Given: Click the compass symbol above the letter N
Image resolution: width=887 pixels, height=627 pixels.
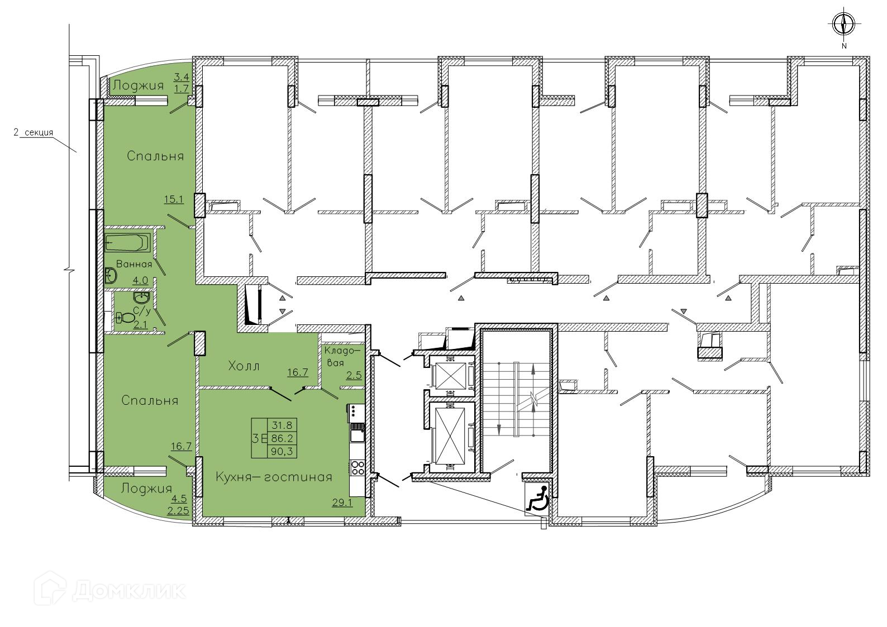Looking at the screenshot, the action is pos(844,24).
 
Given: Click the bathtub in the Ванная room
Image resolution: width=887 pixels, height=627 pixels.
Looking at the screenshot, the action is pos(127,242).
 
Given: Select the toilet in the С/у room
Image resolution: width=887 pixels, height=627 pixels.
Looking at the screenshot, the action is pos(125,317).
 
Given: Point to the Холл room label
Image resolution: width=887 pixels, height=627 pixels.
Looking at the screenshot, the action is pos(244,366).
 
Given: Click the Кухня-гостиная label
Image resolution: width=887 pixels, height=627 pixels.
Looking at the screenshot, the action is pos(274,477).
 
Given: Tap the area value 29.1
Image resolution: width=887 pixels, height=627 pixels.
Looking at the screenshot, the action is pos(342,502).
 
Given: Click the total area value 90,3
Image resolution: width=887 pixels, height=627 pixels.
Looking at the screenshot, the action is pos(282,451).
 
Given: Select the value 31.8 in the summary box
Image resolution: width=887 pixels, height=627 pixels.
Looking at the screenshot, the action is pos(282,425).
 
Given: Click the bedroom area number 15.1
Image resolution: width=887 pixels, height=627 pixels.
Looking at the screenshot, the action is pos(174,199).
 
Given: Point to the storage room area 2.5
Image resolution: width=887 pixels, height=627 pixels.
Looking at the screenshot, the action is pos(354,375).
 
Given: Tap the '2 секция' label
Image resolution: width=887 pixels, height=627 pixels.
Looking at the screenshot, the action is pos(34,133).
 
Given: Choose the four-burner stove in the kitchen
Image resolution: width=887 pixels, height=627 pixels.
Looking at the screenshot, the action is pos(357,468).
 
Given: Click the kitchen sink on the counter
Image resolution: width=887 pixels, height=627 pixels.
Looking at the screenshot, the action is pos(357,436).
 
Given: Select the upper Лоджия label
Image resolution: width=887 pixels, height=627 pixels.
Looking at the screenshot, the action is pos(138,85).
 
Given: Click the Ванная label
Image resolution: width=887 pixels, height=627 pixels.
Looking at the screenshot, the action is pos(134,264).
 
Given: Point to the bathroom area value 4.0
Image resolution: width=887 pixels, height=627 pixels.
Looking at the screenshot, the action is pos(141,281).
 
